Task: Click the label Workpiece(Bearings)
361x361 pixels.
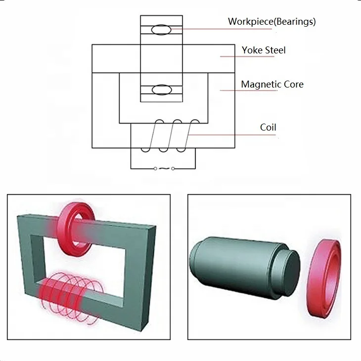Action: (271, 21)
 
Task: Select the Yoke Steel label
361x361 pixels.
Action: (264, 50)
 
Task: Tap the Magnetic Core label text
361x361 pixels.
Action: (272, 84)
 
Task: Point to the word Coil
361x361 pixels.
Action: (268, 128)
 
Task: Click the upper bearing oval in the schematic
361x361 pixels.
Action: (160, 30)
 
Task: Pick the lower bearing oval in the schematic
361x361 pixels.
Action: (160, 90)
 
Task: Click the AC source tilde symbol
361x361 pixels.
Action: (164, 169)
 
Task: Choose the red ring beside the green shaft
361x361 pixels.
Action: (324, 277)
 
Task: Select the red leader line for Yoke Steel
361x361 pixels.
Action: (247, 56)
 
